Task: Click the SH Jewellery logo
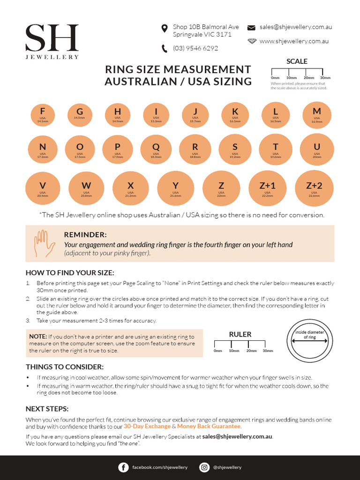point(52,41)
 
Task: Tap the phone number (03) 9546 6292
point(195,48)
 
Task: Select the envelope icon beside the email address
point(251,28)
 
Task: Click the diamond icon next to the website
point(252,41)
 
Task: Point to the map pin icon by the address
point(165,29)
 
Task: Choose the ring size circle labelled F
point(43,114)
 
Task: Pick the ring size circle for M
point(317,114)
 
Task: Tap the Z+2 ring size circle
point(314,187)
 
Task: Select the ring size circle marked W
point(86,188)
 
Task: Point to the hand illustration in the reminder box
point(42,243)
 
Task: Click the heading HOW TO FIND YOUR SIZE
point(70,273)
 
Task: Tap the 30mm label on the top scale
point(325,78)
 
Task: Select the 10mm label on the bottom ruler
point(234,351)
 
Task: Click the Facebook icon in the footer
point(124,467)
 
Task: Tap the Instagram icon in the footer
point(204,467)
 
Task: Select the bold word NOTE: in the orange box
point(38,337)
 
